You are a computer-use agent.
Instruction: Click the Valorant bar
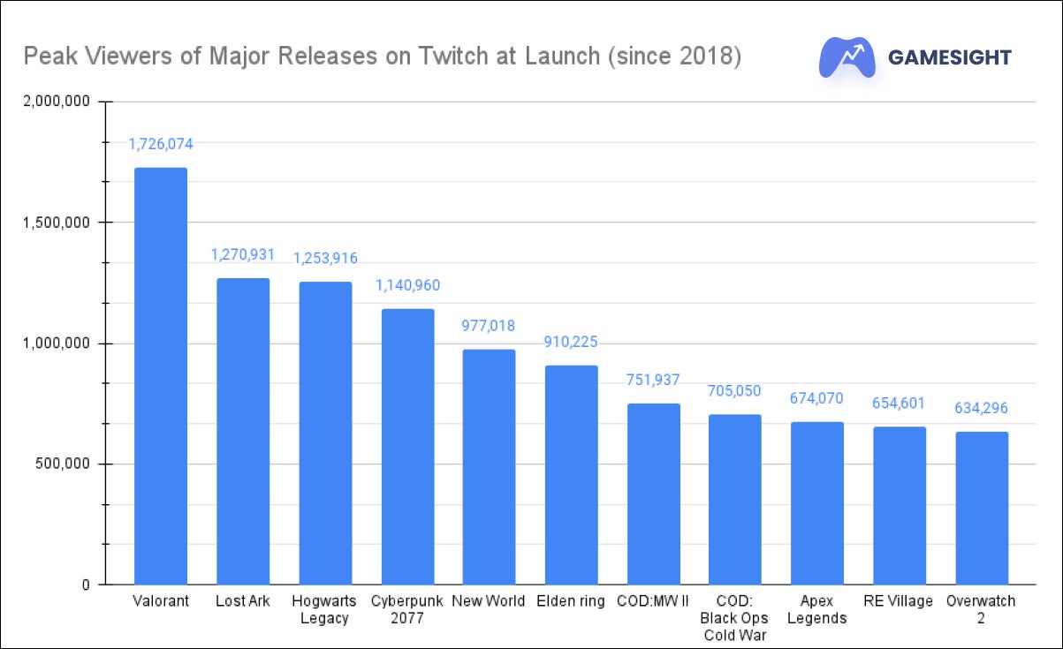pyautogui.click(x=160, y=376)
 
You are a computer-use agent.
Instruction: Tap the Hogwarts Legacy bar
pyautogui.click(x=325, y=433)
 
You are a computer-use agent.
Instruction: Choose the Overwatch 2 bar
pyautogui.click(x=982, y=508)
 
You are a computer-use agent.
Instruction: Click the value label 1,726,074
pyautogui.click(x=160, y=143)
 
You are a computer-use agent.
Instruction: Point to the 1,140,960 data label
pyautogui.click(x=407, y=285)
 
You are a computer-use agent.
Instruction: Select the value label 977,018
pyautogui.click(x=489, y=325)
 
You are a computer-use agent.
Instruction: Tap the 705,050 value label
pyautogui.click(x=735, y=391)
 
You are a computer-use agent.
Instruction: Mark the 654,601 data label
pyautogui.click(x=900, y=404)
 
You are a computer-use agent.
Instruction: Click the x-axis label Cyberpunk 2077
pyautogui.click(x=407, y=609)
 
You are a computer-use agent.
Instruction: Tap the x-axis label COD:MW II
pyautogui.click(x=653, y=601)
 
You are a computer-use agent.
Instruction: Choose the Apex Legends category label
pyautogui.click(x=817, y=609)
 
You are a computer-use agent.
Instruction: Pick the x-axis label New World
pyautogui.click(x=489, y=601)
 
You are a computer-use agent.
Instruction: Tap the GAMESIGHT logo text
pyautogui.click(x=949, y=57)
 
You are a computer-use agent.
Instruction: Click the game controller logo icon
pyautogui.click(x=847, y=57)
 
